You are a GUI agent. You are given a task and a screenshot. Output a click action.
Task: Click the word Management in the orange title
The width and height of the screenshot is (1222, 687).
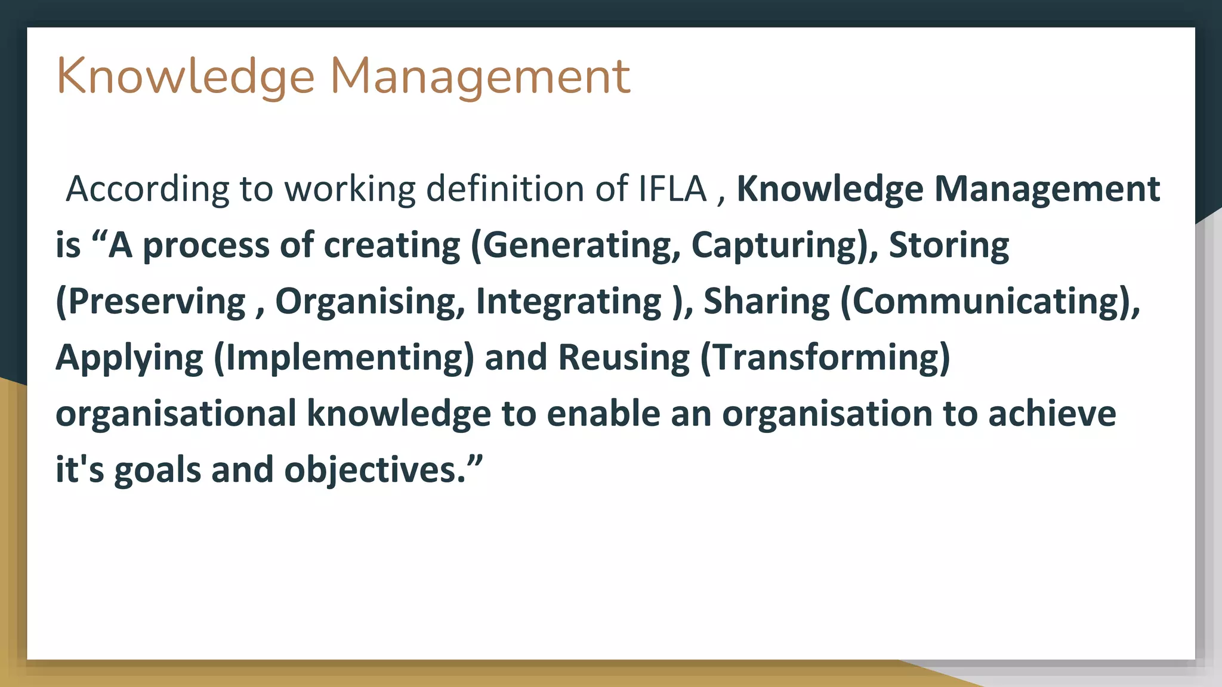[480, 76]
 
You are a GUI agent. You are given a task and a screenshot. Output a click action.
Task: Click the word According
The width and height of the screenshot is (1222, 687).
[147, 189]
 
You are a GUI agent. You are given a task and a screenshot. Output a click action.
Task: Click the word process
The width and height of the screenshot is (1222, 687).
[206, 245]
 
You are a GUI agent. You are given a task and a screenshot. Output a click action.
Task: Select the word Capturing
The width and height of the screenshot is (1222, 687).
[776, 245]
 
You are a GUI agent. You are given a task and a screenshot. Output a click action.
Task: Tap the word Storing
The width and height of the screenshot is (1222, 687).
[949, 245]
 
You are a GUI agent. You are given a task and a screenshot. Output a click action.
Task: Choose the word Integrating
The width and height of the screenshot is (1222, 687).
[569, 301]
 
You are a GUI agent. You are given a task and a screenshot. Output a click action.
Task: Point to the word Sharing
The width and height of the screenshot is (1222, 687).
[766, 301]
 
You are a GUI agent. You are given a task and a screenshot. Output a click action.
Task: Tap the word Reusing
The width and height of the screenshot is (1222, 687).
[624, 357]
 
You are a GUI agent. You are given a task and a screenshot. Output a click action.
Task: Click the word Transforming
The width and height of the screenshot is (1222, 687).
[826, 357]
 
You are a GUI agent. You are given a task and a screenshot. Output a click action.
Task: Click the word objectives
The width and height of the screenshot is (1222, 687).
[370, 469]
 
